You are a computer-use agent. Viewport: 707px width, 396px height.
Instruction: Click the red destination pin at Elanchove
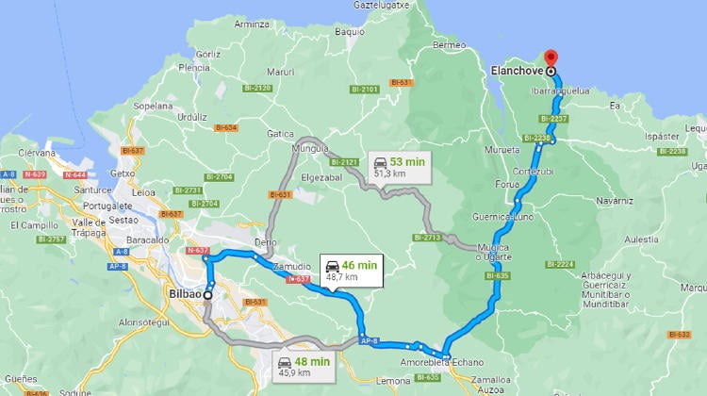[x=551, y=57]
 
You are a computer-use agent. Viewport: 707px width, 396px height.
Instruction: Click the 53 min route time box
[x=398, y=167]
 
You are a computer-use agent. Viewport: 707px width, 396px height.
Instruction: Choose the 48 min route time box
[x=305, y=366]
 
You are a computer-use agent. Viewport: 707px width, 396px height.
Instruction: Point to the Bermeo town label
[x=449, y=45]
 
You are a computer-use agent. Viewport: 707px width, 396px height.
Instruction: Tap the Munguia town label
[x=311, y=149]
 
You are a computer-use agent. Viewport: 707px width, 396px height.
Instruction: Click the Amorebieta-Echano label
[x=441, y=363]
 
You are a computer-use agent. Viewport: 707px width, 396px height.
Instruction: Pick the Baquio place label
[x=349, y=31]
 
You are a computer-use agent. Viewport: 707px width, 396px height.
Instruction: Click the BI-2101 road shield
[x=364, y=90]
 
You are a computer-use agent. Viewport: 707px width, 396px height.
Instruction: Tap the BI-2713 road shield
[x=427, y=238]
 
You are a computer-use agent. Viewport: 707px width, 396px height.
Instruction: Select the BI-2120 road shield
[x=258, y=88]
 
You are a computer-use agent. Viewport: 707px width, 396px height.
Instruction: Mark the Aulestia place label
[x=641, y=239]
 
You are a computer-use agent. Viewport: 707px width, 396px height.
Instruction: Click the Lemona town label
[x=392, y=381]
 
